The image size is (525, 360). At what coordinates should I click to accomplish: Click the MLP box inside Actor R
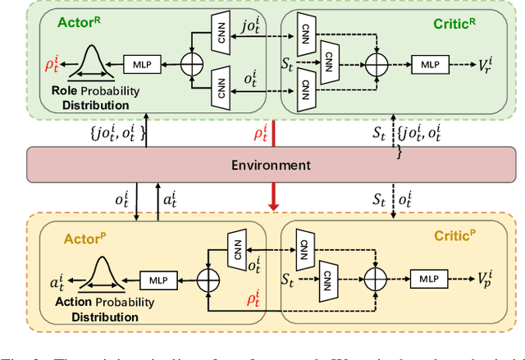coord(142,62)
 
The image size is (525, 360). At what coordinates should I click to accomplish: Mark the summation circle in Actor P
coord(208,280)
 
